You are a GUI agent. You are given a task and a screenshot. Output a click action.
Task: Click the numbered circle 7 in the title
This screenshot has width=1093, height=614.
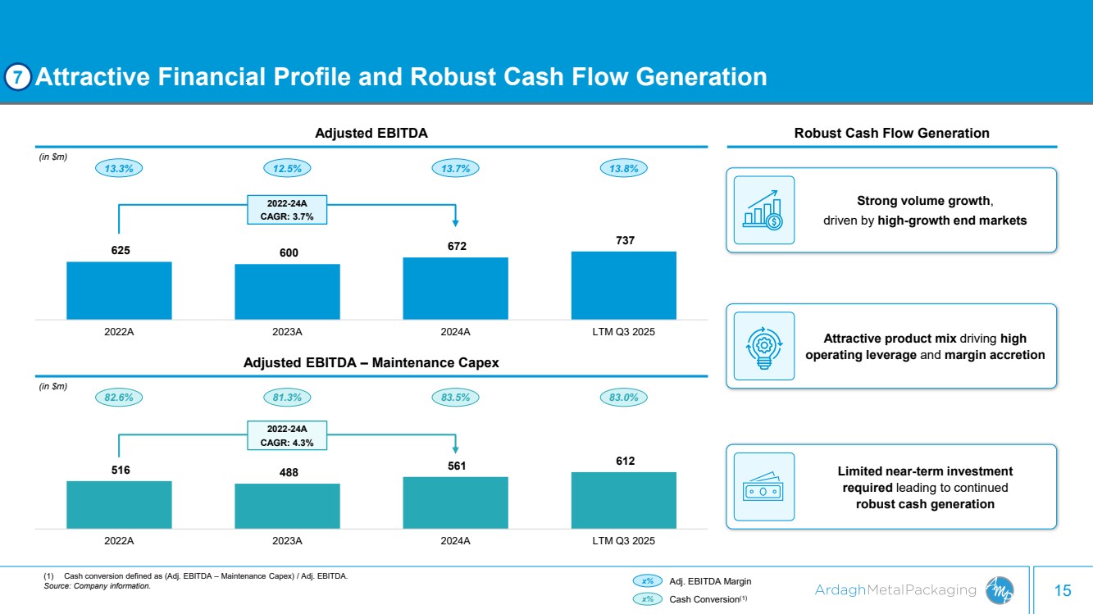pos(18,77)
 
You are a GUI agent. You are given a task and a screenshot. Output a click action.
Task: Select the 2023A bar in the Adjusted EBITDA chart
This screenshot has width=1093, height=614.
pos(287,291)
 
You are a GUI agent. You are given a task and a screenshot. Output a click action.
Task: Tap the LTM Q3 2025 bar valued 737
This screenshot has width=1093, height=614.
pos(623,284)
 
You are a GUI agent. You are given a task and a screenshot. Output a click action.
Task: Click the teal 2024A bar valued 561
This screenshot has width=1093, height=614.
pos(455,502)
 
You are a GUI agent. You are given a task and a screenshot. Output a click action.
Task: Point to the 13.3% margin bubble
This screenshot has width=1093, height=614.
pos(120,168)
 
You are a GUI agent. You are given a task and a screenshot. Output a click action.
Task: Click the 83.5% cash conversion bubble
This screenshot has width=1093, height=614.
pos(455,398)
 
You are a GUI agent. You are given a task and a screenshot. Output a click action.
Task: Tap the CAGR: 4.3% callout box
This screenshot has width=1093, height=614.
pos(287,435)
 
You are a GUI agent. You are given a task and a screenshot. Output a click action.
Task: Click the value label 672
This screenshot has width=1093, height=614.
pos(455,246)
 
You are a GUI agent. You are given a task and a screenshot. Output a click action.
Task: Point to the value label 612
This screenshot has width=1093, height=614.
pos(623,462)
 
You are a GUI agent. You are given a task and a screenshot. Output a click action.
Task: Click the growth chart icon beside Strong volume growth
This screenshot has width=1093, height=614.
pos(763,210)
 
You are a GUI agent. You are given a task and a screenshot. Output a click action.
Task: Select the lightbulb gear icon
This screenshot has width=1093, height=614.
pos(763,345)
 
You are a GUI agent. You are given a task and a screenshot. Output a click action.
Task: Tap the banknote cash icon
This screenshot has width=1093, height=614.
pos(763,486)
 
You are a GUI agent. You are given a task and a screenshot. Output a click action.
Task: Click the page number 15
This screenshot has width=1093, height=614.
pos(1063,590)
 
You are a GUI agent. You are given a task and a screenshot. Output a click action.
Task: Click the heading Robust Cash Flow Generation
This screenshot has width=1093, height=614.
pos(891,133)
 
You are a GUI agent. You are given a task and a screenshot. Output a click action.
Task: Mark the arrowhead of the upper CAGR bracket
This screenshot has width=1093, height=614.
pos(455,221)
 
